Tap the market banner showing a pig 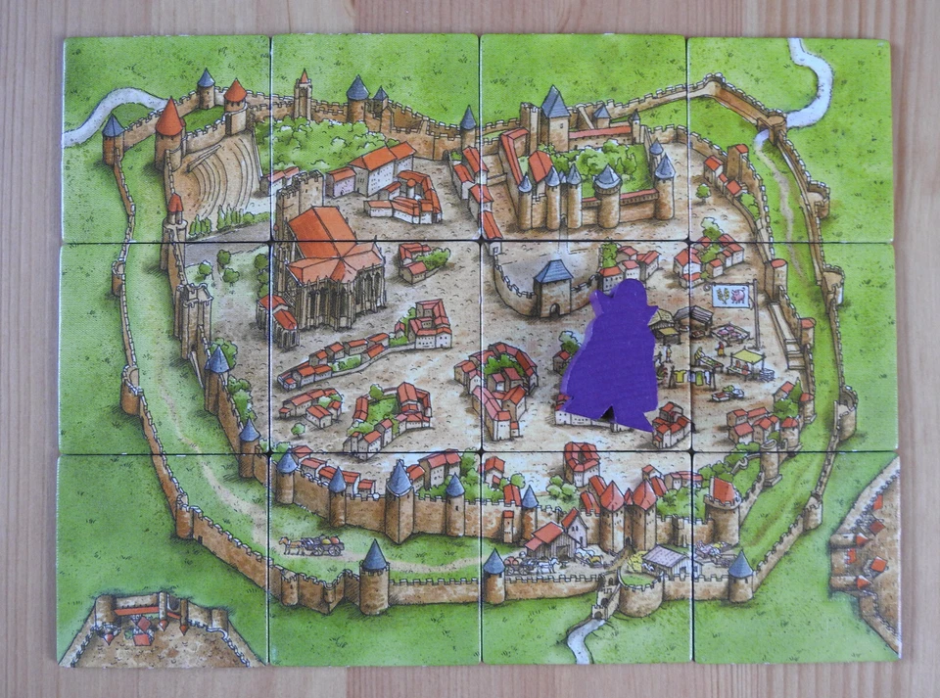tap(730, 296)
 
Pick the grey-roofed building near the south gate tap(667, 560)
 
